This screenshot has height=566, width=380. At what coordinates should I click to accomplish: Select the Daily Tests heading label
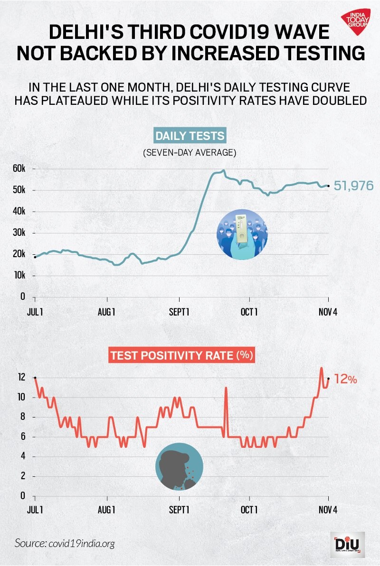tap(190, 136)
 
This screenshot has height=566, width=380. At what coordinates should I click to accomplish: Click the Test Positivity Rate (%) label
tap(182, 355)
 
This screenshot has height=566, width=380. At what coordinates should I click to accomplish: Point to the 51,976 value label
tap(353, 186)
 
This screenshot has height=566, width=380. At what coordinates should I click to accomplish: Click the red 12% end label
tap(345, 380)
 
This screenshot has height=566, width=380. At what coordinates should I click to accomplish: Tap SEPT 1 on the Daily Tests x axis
tap(179, 312)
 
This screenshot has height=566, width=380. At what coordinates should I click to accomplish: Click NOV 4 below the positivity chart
tap(328, 510)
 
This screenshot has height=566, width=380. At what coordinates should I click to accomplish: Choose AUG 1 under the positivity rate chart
tap(107, 510)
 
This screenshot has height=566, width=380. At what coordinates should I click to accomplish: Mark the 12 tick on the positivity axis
tap(21, 378)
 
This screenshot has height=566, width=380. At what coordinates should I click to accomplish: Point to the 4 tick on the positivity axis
tap(23, 456)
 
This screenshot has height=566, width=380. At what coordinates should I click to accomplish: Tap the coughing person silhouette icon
tap(179, 467)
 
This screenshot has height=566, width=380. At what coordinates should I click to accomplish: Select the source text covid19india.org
tap(65, 543)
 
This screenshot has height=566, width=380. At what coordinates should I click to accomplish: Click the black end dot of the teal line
tap(328, 186)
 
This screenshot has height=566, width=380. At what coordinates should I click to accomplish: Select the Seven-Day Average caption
tap(190, 153)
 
